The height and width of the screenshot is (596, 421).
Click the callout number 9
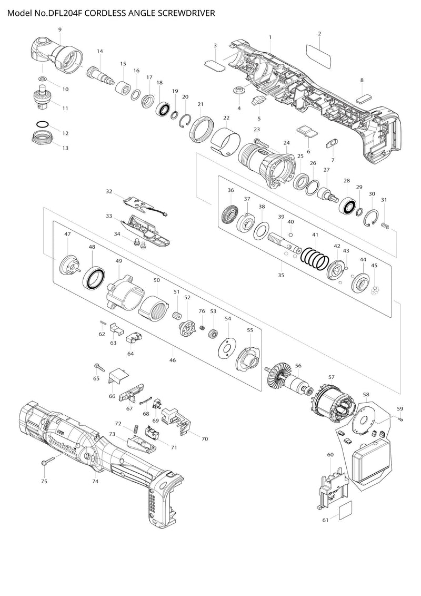(60, 30)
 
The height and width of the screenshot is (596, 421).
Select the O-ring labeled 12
(42, 124)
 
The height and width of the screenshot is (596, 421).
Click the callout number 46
(173, 360)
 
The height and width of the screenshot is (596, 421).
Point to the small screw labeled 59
(400, 419)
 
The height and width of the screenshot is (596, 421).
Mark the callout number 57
(332, 377)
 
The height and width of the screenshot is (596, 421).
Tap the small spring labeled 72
(135, 429)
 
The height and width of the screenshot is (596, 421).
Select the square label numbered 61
(345, 510)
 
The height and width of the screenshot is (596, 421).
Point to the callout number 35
(281, 275)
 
